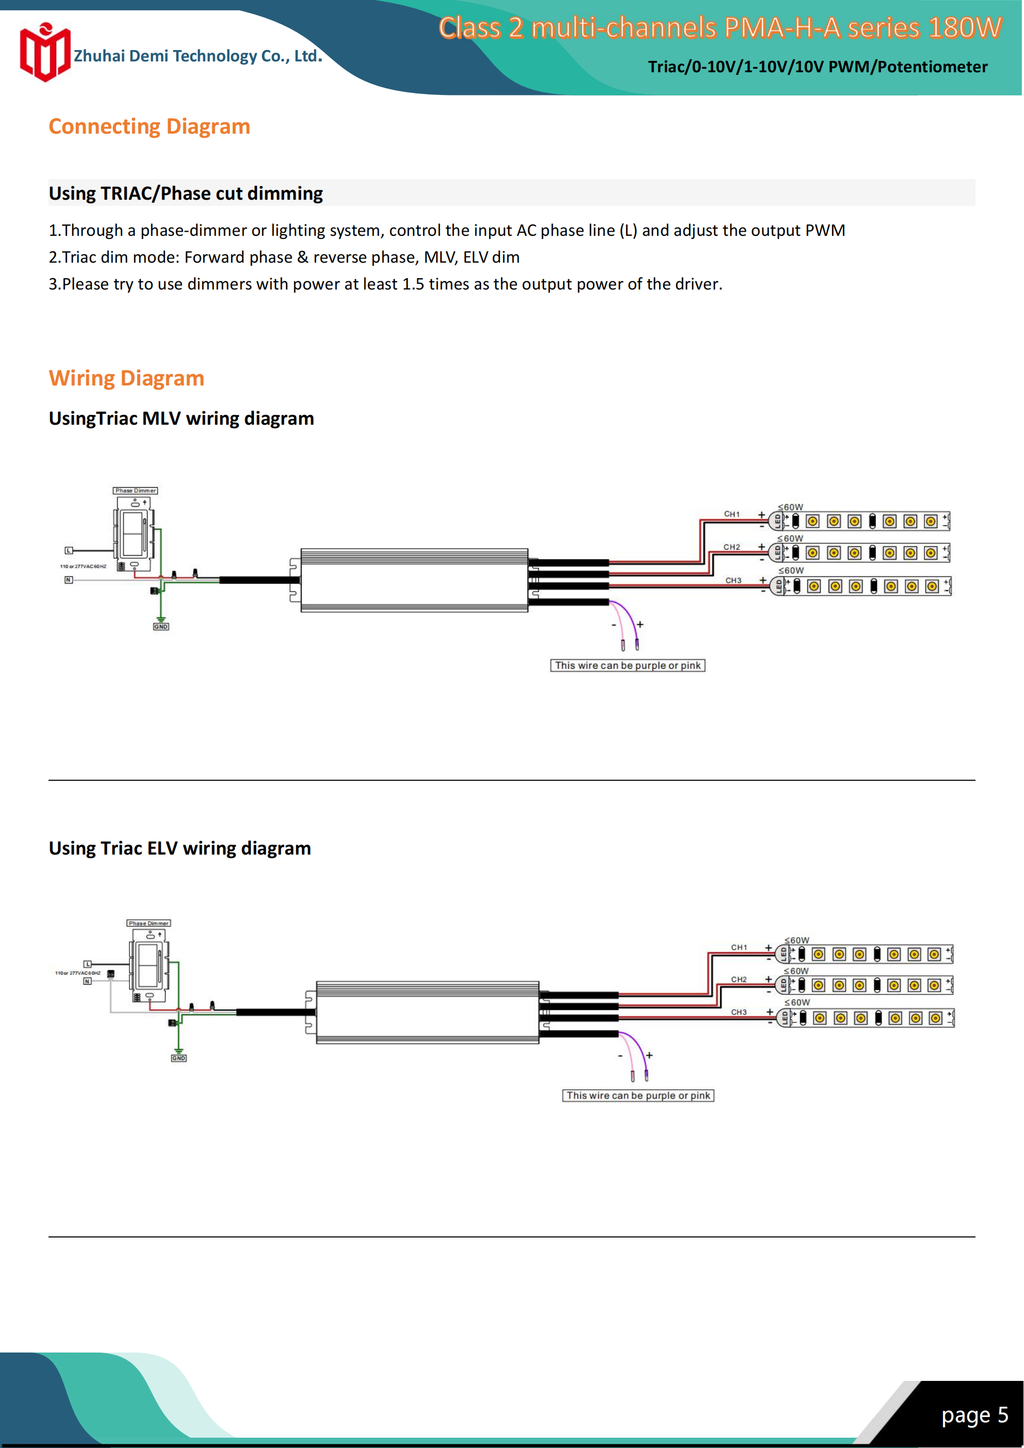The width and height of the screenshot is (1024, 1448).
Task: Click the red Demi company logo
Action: pos(44,53)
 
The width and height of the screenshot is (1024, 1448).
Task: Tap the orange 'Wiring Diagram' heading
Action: pos(126,378)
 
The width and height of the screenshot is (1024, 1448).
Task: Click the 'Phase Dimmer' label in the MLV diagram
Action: pos(135,491)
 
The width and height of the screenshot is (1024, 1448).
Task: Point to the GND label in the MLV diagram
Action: pos(161,627)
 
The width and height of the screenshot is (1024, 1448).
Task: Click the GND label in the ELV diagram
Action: pos(179,1058)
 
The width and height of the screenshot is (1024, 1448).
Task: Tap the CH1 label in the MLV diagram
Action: pos(732,514)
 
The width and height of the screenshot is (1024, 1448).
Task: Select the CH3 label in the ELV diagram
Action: pos(739,1012)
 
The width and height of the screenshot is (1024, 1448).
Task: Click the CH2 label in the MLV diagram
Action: pos(732,547)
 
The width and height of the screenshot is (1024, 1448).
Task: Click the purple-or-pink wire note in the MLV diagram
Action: pos(628,665)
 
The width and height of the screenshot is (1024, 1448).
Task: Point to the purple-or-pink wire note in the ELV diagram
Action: pos(638,1096)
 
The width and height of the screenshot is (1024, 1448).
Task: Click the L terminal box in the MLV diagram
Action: pos(69,551)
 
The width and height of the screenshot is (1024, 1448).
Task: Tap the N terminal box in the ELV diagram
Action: pos(88,982)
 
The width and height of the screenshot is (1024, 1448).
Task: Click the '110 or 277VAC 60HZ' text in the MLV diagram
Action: pos(83,566)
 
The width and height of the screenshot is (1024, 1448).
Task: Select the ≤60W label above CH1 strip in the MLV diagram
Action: pos(791,507)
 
